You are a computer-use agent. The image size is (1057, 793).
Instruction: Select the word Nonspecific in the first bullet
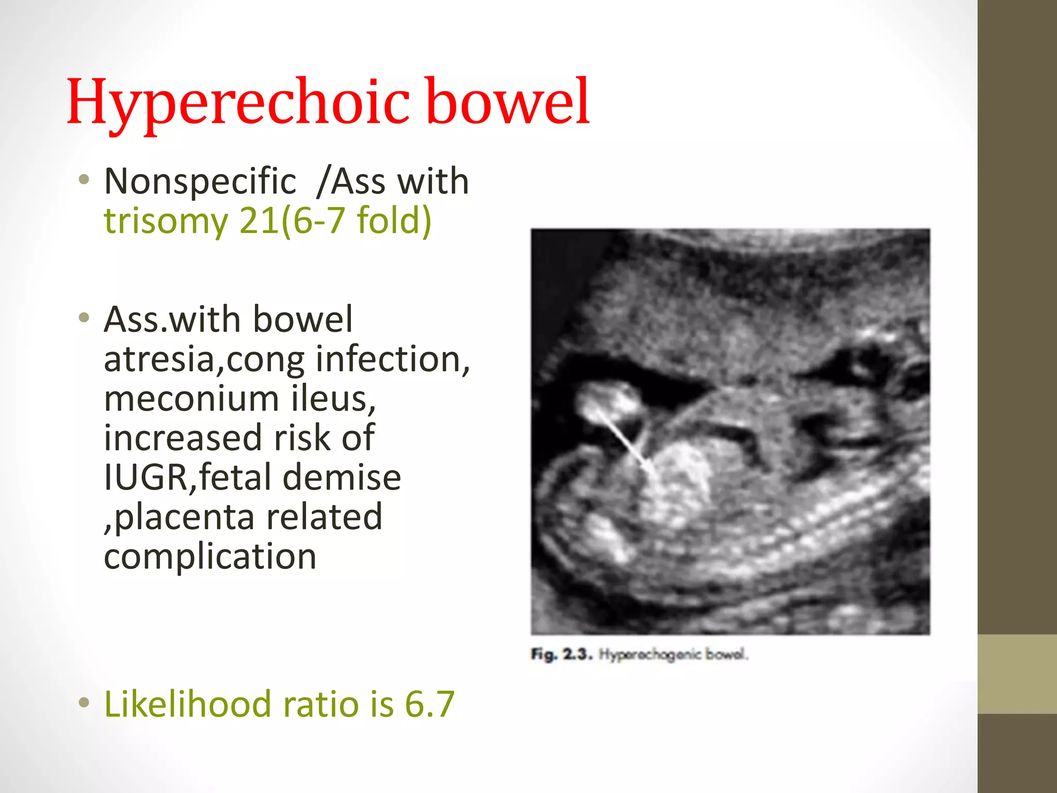click(200, 182)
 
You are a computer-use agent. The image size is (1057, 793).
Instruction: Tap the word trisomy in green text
click(166, 221)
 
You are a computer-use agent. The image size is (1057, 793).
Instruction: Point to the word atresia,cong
click(204, 360)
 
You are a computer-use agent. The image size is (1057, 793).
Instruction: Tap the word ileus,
click(333, 399)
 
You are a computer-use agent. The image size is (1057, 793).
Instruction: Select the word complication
click(210, 557)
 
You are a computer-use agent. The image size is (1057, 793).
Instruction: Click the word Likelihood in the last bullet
click(187, 704)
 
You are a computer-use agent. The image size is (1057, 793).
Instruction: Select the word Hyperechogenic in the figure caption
click(650, 655)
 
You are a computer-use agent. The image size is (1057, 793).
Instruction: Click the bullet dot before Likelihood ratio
click(84, 703)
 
